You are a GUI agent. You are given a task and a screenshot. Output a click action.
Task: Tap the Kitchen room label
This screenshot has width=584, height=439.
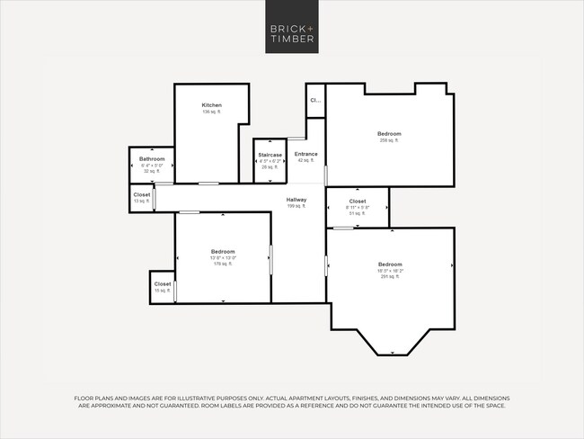[x=211, y=105]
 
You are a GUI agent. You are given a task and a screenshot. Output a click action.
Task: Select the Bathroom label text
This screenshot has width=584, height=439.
[x=152, y=158]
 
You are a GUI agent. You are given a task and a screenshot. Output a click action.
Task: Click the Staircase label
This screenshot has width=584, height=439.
[x=270, y=155]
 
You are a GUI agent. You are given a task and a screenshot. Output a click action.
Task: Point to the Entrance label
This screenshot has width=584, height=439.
[x=305, y=154]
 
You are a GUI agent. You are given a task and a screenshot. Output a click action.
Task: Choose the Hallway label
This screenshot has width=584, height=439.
[x=296, y=200]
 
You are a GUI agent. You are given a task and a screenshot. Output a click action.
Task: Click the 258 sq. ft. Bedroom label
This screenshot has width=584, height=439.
[x=389, y=134]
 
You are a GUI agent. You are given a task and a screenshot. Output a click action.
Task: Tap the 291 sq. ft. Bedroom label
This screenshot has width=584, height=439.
[x=390, y=264]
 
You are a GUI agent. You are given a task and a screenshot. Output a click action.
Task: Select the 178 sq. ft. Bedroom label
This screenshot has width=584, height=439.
[x=223, y=251]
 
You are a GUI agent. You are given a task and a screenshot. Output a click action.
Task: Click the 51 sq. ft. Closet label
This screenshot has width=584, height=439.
[x=357, y=202]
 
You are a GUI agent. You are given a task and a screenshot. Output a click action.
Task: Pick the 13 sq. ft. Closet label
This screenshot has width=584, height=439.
[x=142, y=194]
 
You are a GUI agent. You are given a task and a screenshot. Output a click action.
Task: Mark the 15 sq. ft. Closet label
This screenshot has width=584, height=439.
[x=162, y=284]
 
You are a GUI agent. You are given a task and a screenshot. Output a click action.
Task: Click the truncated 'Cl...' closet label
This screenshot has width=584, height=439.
[x=315, y=101]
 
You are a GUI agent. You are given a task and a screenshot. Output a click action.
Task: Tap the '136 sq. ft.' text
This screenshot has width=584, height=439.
[x=211, y=112]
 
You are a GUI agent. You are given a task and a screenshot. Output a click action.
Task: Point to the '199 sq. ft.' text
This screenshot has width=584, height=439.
[x=296, y=206]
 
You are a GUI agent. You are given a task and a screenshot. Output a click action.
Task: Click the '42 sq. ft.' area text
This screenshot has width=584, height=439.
[x=305, y=160]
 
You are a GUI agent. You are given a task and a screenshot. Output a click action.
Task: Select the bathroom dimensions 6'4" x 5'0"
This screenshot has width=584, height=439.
[x=152, y=166]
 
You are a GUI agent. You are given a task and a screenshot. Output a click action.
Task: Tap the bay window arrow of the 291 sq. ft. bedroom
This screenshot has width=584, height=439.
[x=393, y=352]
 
